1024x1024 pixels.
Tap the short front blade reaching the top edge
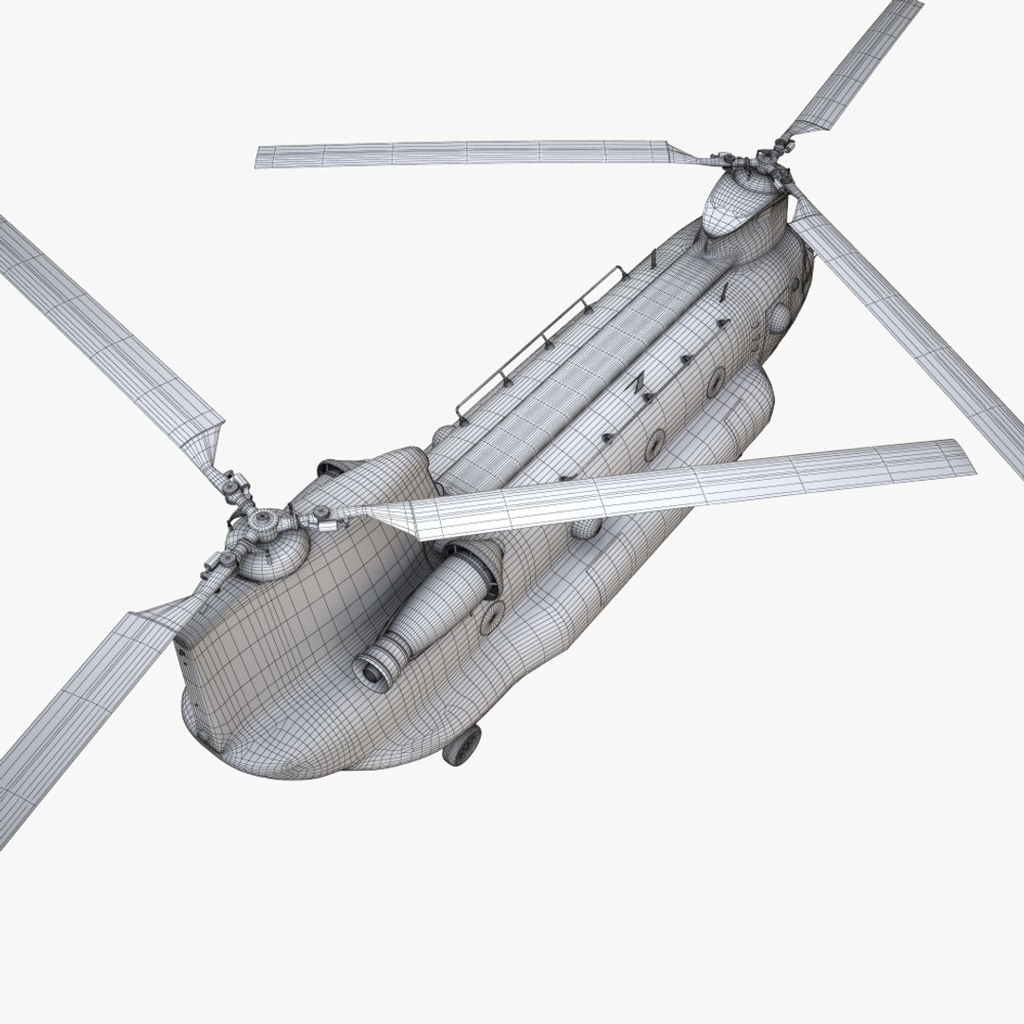pos(853,62)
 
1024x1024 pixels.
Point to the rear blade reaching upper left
pos(104,322)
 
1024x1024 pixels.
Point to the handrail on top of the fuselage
pos(540,341)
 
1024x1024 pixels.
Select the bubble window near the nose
pos(778,314)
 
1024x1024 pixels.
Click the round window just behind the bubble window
pos(716,381)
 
